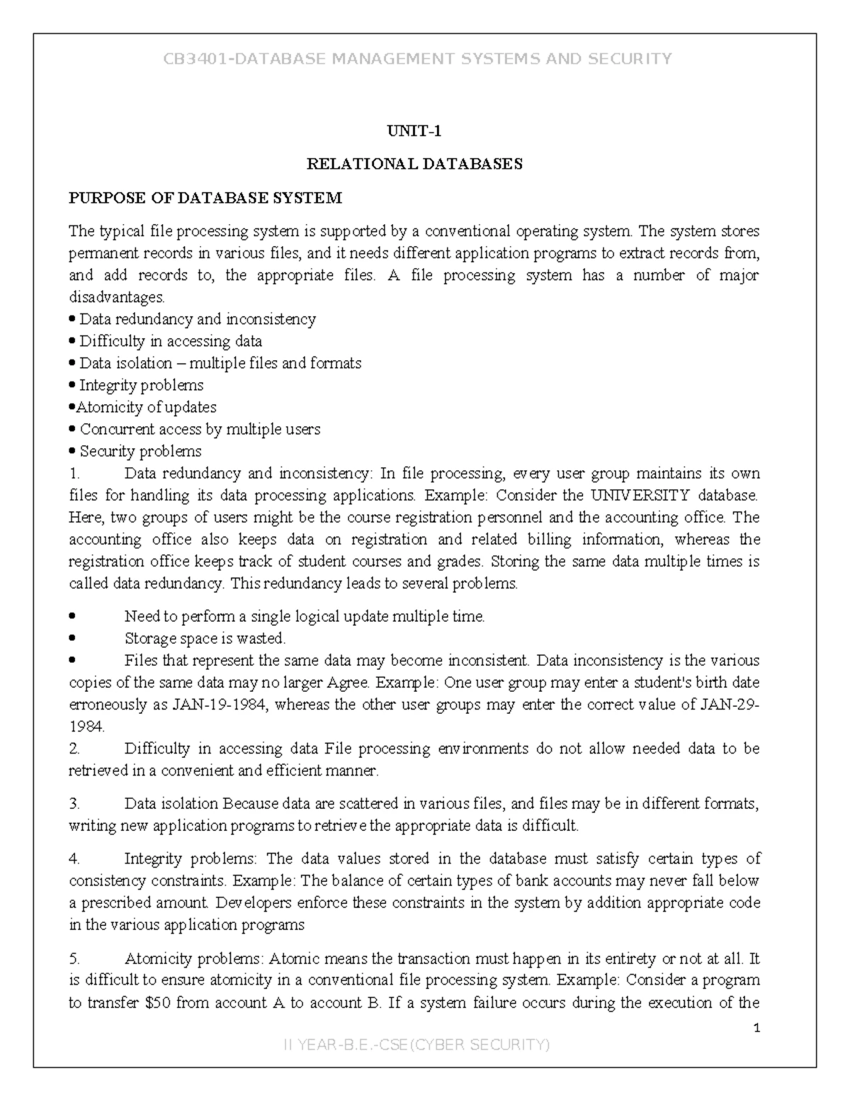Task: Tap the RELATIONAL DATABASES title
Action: [414, 164]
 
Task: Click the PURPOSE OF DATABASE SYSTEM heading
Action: [205, 198]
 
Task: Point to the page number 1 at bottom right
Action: [756, 1029]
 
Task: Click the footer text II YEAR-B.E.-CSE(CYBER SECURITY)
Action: [416, 1045]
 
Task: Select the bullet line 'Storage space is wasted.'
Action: [205, 639]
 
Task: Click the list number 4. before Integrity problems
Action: [74, 859]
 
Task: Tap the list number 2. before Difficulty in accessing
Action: [74, 749]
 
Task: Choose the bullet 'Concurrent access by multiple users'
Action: [200, 430]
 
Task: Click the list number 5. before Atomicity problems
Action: [74, 959]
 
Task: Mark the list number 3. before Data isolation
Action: [74, 804]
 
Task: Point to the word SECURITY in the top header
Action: [630, 59]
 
